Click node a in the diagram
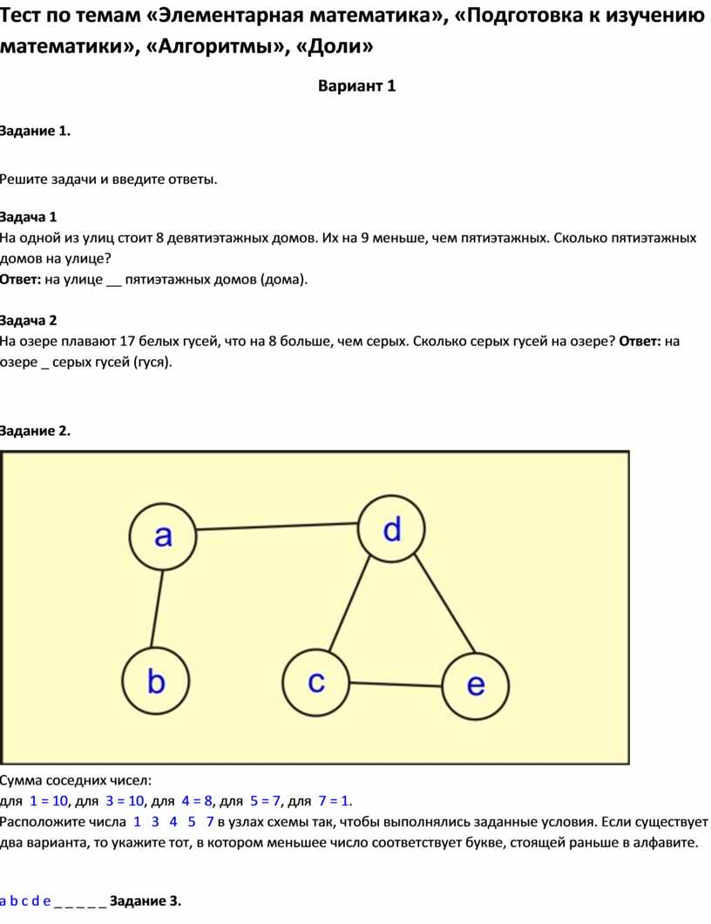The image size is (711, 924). pos(163,536)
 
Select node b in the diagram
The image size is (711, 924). pos(155,681)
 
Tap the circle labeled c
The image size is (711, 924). pos(315,683)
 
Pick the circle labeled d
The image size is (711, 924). pos(391,529)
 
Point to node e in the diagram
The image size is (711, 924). pos(476,686)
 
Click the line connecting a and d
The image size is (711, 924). pos(277,527)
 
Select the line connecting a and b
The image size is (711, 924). pos(157,608)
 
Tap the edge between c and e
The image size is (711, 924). pos(396,684)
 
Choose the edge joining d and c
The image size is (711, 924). pos(349,603)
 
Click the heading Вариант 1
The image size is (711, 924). pos(357,86)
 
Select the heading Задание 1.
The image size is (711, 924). pos(35,131)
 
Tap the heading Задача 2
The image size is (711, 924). pos(28,321)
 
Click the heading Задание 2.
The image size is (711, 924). pos(35,431)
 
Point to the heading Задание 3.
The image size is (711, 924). pos(146,901)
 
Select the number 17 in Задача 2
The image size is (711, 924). pos(128,341)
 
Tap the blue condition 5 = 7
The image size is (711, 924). pos(266,801)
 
